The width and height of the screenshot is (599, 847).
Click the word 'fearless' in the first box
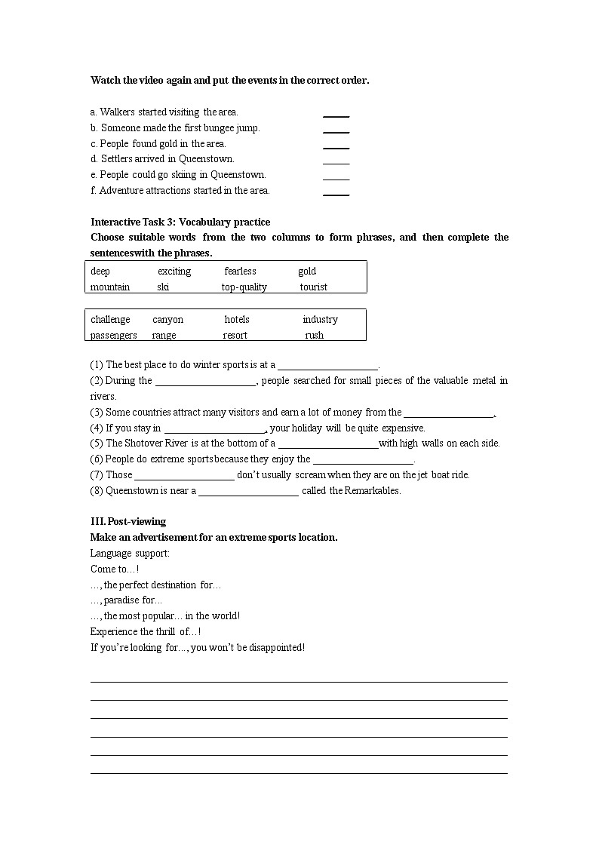[x=240, y=272]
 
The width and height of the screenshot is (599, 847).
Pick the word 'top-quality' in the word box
[x=244, y=287]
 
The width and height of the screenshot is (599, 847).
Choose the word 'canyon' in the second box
[x=167, y=320]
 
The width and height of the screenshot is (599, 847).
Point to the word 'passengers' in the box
[x=114, y=336]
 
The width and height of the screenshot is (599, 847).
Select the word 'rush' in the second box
[x=315, y=336]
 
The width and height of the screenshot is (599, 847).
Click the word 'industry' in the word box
[x=320, y=320]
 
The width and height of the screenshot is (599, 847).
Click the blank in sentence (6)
[x=363, y=460]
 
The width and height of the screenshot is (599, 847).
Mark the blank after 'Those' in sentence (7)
[x=184, y=476]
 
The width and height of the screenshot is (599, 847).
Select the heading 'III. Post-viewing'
[x=128, y=522]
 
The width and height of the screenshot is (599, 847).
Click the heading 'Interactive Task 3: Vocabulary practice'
[x=180, y=222]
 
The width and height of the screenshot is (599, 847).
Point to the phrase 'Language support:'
[x=130, y=554]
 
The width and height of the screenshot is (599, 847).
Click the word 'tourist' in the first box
[x=313, y=287]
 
